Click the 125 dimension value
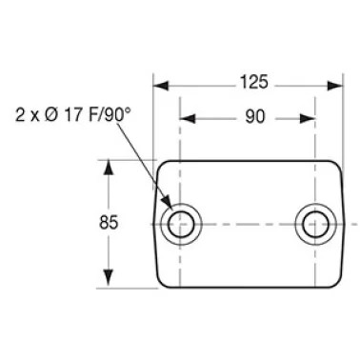coord(253,82)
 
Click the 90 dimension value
coord(254,117)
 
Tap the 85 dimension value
coord(109,222)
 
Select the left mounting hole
coord(181,224)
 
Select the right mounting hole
coord(315,224)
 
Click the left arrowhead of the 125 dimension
coord(161,86)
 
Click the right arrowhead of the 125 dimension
coord(335,86)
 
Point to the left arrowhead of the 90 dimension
coord(188,119)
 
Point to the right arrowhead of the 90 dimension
coord(308,119)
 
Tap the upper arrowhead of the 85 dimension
coord(109,168)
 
